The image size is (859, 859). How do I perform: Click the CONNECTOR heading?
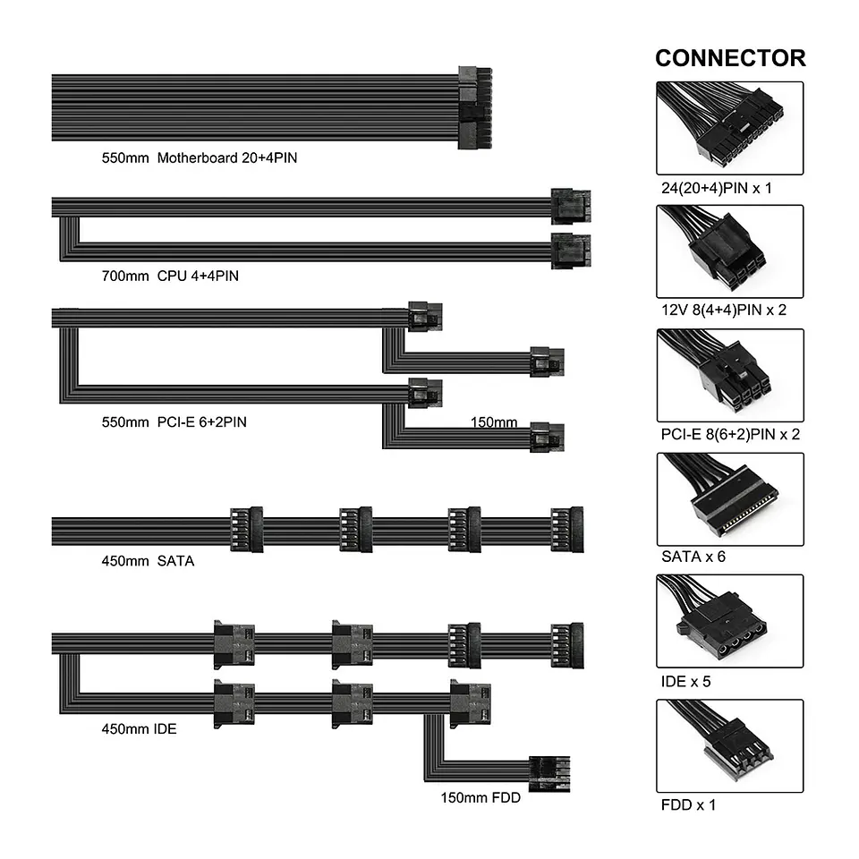(730, 58)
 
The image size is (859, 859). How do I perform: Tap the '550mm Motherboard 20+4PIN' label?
(200, 157)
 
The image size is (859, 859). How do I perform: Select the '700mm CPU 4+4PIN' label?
(170, 276)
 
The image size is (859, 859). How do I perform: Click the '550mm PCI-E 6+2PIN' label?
(174, 421)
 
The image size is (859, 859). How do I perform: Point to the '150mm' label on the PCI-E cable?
(494, 422)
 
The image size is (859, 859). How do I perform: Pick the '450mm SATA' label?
(148, 561)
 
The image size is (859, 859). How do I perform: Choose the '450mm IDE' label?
(140, 728)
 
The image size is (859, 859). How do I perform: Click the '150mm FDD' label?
(481, 797)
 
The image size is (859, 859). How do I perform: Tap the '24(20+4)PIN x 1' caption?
(717, 188)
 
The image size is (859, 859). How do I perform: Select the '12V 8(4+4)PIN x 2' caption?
(724, 310)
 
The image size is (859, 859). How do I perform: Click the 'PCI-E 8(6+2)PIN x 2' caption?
(730, 435)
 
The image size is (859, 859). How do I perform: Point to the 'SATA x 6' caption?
(693, 557)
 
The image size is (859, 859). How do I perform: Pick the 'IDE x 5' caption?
(685, 682)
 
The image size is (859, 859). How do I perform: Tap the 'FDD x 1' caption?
(688, 804)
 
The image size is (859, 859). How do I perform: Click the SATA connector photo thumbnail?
(730, 499)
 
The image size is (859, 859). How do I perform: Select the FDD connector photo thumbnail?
(730, 746)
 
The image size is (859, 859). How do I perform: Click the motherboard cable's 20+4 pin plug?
(475, 108)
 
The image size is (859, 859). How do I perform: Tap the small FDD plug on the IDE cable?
(549, 773)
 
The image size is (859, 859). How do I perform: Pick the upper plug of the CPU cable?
(571, 206)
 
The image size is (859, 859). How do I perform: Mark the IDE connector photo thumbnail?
(730, 621)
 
